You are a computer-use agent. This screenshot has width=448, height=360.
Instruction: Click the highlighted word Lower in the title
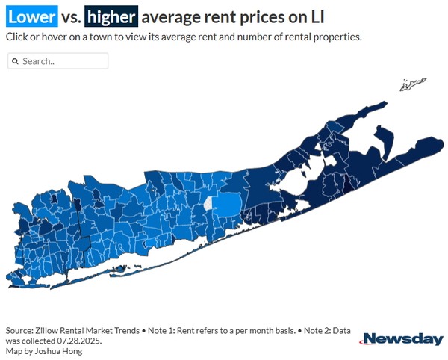tap(31, 16)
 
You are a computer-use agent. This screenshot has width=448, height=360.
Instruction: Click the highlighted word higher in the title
tap(111, 16)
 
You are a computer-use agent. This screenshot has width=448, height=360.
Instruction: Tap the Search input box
tap(58, 60)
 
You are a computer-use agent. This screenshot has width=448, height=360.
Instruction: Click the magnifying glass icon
tap(15, 61)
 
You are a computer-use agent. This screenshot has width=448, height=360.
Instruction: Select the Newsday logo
tap(402, 339)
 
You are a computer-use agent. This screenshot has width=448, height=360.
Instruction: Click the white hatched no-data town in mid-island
tap(208, 204)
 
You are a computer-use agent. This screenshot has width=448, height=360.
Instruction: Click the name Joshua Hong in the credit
tap(58, 351)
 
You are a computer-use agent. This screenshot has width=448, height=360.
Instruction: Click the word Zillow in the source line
tap(46, 331)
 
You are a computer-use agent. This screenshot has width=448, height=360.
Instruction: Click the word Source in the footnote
tap(19, 331)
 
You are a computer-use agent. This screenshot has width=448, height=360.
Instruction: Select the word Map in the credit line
tap(13, 351)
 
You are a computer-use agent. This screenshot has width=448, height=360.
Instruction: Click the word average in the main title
tap(171, 18)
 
